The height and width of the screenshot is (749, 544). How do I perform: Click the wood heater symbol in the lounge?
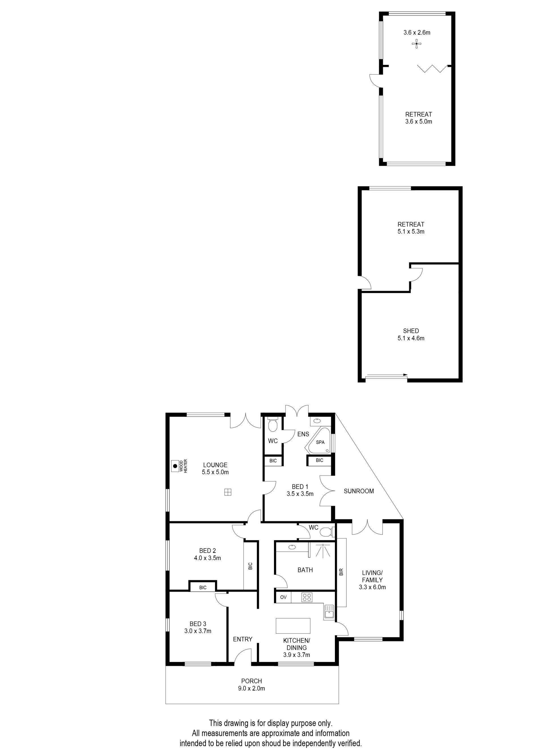[176, 466]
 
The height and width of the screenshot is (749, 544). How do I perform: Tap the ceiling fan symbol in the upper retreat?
[417, 44]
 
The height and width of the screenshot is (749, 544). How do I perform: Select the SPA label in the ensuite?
[320, 442]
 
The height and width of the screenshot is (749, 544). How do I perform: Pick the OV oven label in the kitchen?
[283, 597]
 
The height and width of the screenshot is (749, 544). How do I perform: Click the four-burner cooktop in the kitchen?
[307, 597]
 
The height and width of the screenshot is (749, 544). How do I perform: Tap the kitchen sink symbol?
[329, 612]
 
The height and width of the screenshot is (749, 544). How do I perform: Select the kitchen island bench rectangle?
[293, 625]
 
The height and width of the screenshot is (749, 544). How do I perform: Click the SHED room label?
[411, 331]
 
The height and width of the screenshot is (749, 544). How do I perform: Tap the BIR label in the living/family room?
[341, 572]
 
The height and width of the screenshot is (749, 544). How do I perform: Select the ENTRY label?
[243, 639]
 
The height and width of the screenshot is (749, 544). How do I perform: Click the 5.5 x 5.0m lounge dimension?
[215, 472]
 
